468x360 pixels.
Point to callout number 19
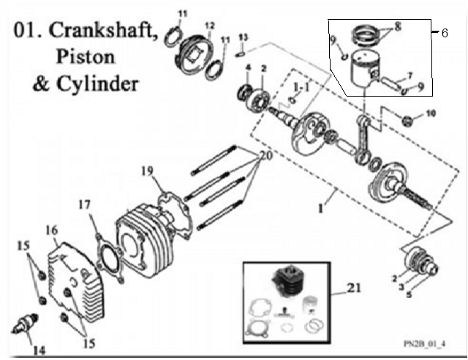148,171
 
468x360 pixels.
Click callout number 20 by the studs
264,156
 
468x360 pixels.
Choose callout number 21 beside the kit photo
354,290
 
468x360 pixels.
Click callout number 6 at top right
445,34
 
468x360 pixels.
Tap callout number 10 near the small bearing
430,113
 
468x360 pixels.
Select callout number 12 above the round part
209,26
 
